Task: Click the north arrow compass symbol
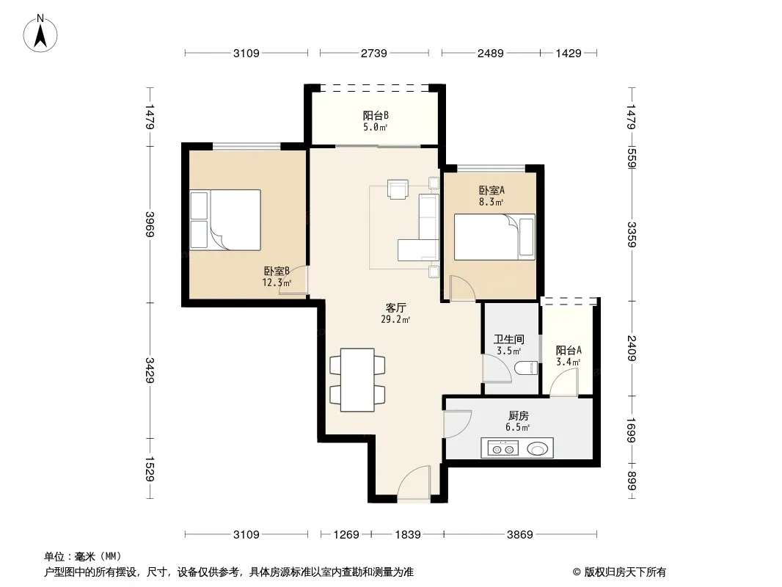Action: [40, 34]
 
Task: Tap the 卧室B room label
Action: [277, 271]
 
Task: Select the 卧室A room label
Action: [492, 191]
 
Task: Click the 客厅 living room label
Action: [395, 307]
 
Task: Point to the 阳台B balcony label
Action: [376, 116]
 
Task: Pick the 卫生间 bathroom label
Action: [508, 340]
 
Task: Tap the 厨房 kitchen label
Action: [518, 415]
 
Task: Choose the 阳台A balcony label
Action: [569, 351]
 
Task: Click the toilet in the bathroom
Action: [527, 368]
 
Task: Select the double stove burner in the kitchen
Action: [503, 449]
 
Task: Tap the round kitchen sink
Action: [538, 449]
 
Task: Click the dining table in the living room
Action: [357, 380]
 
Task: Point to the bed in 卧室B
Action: [226, 220]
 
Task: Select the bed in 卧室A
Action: [494, 238]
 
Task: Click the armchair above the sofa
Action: [398, 189]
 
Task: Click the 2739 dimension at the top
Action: [374, 54]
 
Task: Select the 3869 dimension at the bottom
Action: [520, 535]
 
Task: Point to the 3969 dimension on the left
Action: [150, 225]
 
